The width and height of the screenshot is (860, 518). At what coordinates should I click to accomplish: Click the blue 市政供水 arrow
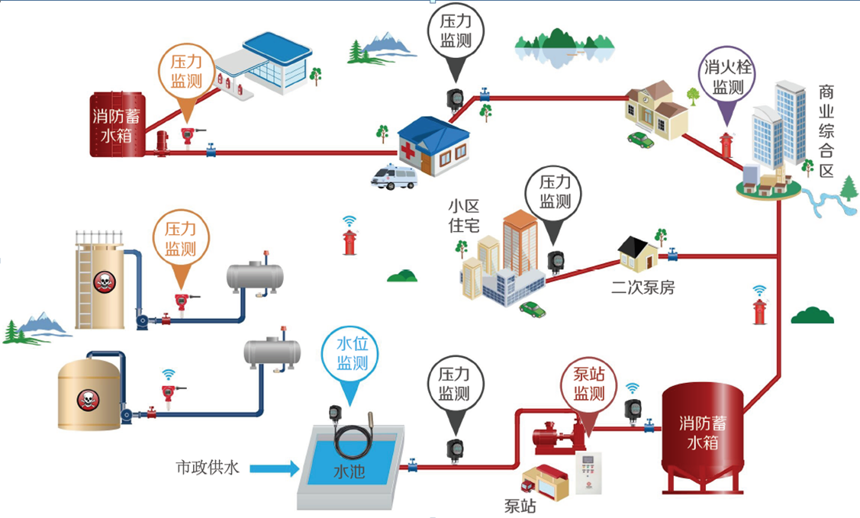274,468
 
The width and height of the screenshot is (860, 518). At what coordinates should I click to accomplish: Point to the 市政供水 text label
208,468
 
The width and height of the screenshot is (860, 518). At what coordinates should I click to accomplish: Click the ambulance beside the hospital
394,176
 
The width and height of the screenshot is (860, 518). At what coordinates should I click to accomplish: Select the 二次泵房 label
643,288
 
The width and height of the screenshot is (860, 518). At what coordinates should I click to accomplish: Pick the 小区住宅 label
464,216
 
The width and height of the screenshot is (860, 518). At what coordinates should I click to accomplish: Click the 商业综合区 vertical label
826,131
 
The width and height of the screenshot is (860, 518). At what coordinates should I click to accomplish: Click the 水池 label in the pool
349,471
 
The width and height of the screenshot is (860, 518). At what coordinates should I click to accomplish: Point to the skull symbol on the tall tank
103,282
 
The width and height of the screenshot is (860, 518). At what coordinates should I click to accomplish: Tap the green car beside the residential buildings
532,310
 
